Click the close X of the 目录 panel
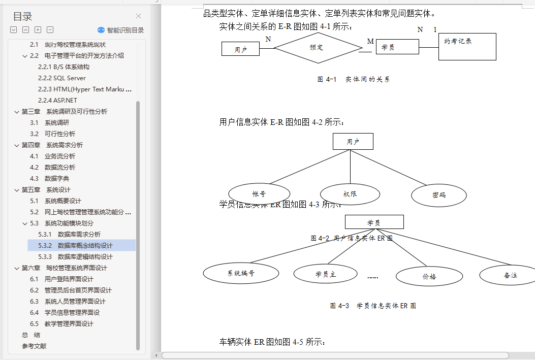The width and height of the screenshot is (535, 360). tap(138, 16)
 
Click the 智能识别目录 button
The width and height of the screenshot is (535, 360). tap(121, 30)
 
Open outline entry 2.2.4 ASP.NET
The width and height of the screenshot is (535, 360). tap(57, 101)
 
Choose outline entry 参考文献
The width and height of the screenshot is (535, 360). tap(34, 346)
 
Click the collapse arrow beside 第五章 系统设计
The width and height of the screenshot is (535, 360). tap(16, 190)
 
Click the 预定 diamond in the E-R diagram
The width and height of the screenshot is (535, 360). tap(317, 48)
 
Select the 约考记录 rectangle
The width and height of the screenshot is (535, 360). tap(467, 47)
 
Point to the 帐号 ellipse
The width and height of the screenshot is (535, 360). tap(259, 194)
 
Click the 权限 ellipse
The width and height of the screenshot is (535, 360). tap(350, 194)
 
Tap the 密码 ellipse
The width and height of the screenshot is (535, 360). tap(439, 195)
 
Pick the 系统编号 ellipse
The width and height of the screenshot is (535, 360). tap(241, 273)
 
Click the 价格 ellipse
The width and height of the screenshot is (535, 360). tap(429, 277)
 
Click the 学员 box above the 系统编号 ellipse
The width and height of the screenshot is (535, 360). tap(374, 222)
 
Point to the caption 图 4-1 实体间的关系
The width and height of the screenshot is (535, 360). tap(354, 79)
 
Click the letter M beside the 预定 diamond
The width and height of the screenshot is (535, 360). tap(370, 41)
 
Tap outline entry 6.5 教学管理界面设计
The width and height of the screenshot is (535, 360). tap(69, 324)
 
